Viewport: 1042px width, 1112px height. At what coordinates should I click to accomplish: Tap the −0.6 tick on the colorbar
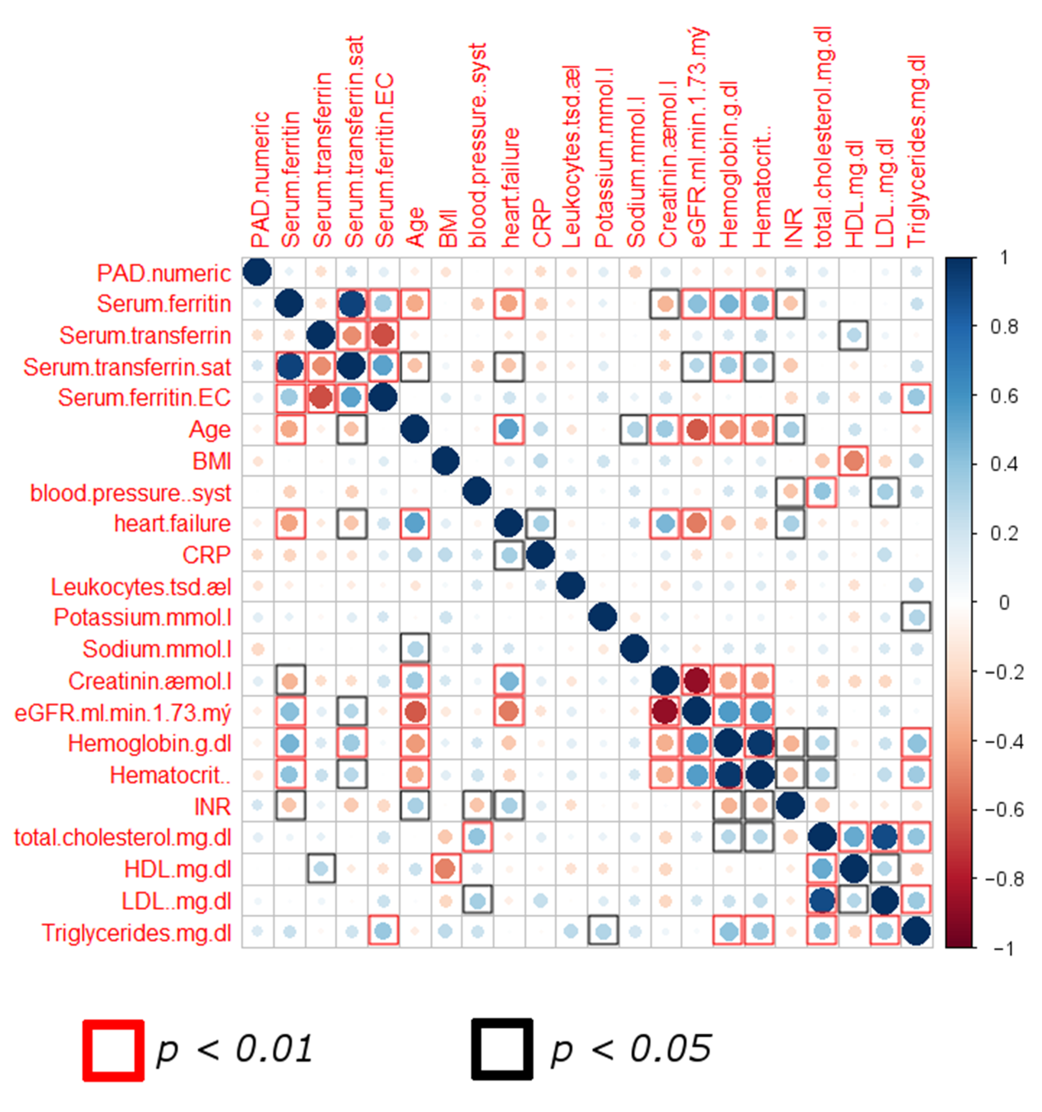(x=1003, y=810)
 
